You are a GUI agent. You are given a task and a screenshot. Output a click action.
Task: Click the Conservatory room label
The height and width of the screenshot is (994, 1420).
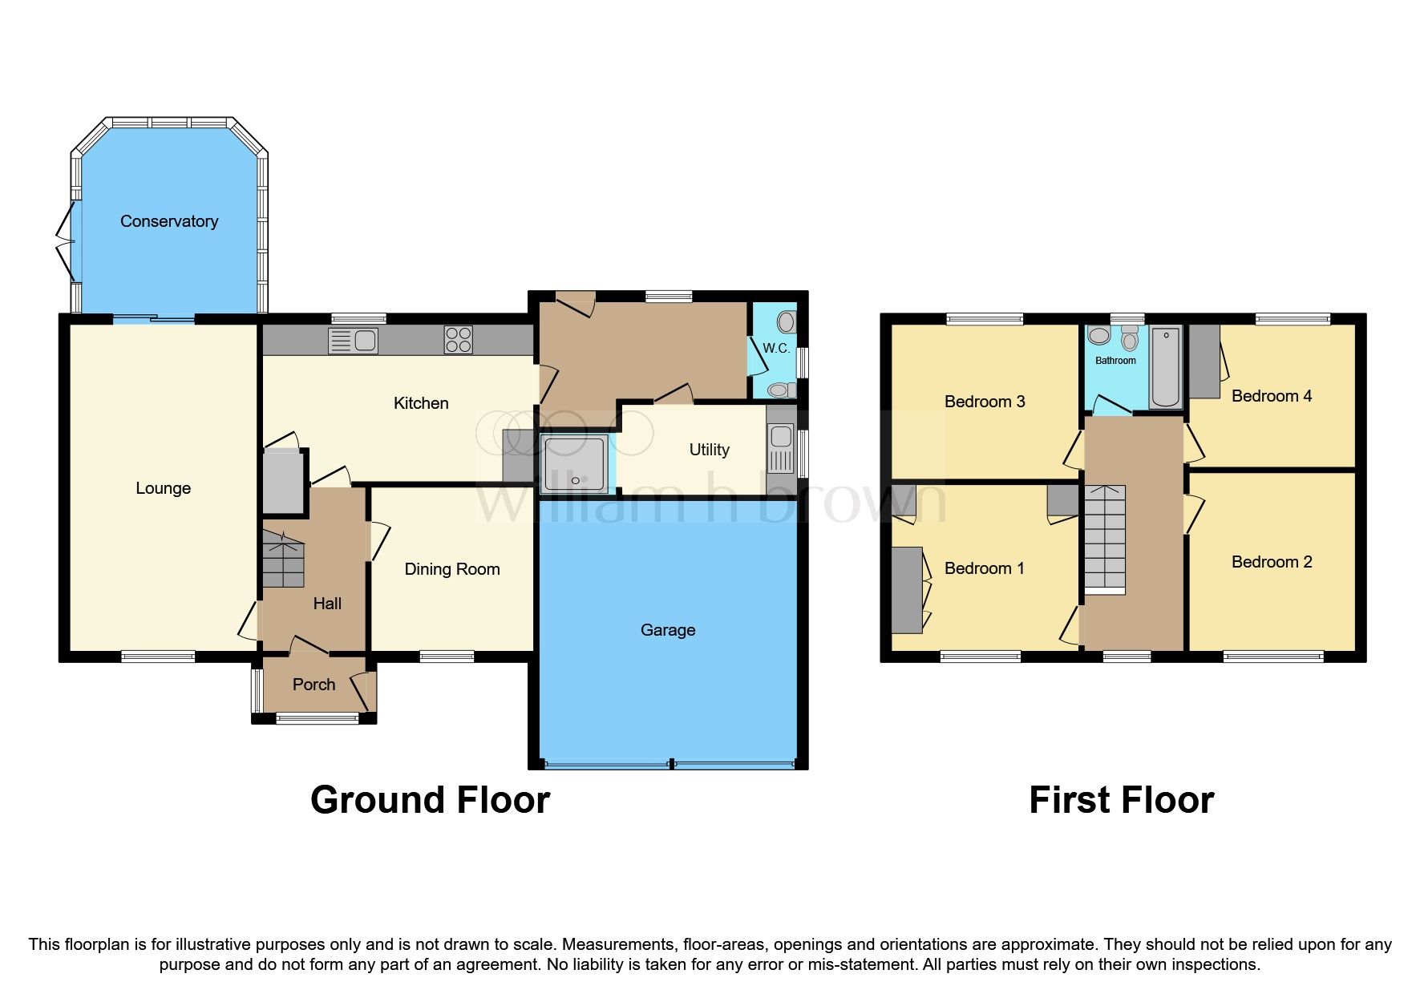(169, 221)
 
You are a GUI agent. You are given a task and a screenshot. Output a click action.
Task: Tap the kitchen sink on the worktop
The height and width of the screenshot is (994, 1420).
(354, 341)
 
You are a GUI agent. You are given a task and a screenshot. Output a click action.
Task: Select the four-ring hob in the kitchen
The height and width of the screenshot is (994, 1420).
(459, 340)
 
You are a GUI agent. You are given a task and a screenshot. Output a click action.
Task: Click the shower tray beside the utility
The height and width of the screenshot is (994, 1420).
(574, 463)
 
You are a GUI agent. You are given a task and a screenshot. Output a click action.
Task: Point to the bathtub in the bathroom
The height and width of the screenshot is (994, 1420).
(1166, 367)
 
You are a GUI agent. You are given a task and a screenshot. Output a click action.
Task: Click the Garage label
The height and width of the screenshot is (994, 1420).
(668, 630)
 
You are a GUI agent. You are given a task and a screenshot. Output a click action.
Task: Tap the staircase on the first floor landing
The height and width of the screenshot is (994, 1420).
(1105, 539)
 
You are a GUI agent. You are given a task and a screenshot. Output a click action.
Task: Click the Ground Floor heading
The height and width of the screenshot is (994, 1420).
(430, 800)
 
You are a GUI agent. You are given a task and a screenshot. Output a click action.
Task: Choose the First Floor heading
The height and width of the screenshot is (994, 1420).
(1121, 800)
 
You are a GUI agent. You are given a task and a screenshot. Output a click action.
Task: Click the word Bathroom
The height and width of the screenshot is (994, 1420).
(1115, 361)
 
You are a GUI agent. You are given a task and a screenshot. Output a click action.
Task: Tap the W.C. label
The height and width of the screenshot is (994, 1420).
(775, 348)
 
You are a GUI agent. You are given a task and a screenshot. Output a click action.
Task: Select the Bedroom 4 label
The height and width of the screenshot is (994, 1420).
(1272, 396)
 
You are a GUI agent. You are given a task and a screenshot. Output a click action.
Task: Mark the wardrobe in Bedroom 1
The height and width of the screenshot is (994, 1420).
(907, 590)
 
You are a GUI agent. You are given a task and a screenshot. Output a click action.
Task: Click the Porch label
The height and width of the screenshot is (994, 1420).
(314, 685)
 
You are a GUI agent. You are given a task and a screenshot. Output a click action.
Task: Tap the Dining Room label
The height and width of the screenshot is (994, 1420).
(452, 569)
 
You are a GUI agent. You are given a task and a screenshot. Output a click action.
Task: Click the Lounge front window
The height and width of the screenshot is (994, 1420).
(158, 657)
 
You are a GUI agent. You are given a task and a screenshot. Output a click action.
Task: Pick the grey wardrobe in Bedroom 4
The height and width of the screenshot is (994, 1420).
(1204, 362)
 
